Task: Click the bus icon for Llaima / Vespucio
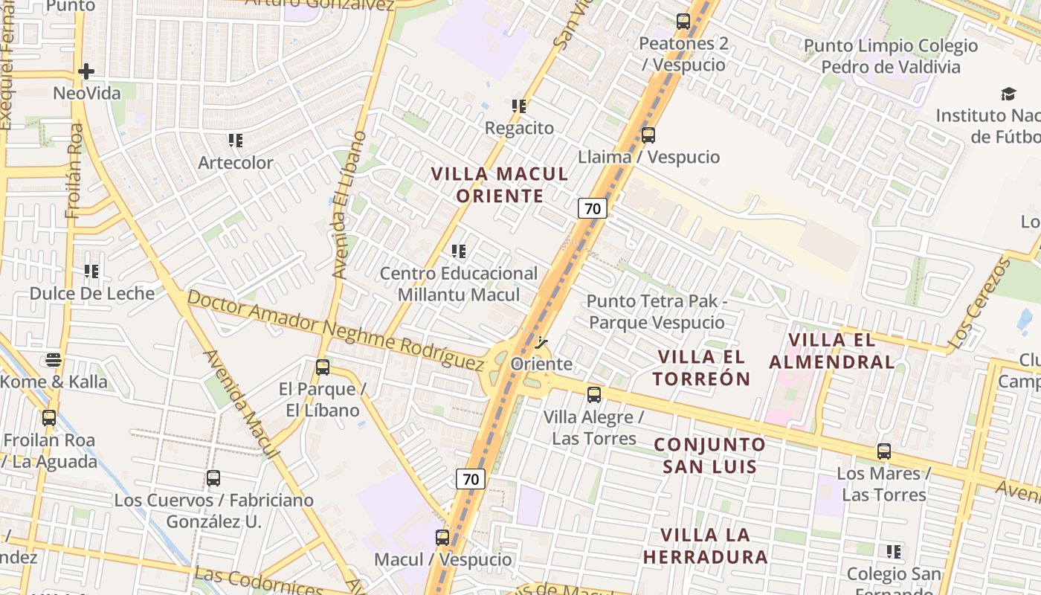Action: click(648, 135)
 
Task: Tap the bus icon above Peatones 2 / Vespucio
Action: click(683, 22)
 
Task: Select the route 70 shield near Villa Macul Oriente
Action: click(593, 208)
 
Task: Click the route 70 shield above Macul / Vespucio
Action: click(471, 479)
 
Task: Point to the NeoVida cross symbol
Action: click(86, 71)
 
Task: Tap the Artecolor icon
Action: click(236, 141)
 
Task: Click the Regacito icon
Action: click(519, 106)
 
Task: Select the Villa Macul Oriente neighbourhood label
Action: click(500, 185)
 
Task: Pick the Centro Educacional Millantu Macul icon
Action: click(459, 251)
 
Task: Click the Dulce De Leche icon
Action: click(91, 271)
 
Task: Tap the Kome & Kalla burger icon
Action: click(54, 360)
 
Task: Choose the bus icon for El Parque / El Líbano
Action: click(322, 367)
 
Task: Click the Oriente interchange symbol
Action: click(541, 343)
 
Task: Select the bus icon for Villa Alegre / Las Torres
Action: click(593, 395)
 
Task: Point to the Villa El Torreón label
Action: click(703, 367)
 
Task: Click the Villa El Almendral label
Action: click(831, 351)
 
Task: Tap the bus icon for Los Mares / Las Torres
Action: click(883, 451)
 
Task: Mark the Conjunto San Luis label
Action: click(709, 455)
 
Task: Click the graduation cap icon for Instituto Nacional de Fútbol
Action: click(1008, 94)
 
